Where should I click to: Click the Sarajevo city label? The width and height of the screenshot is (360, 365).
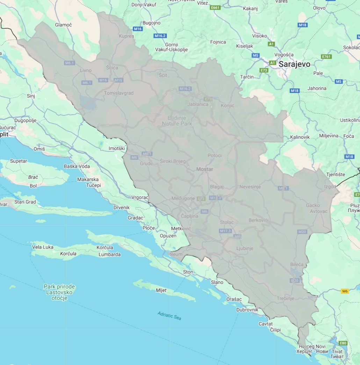pyautogui.click(x=294, y=64)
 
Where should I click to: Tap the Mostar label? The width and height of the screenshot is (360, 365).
pyautogui.click(x=205, y=169)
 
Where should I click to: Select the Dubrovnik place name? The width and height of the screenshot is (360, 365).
pyautogui.click(x=247, y=310)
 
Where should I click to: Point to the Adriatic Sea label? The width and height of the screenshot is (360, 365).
pyautogui.click(x=169, y=316)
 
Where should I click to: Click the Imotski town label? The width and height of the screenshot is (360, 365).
pyautogui.click(x=116, y=149)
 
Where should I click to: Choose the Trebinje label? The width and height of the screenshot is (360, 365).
pyautogui.click(x=286, y=299)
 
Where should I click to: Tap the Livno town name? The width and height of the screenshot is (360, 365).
pyautogui.click(x=86, y=70)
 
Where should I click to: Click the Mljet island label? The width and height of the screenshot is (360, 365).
pyautogui.click(x=161, y=290)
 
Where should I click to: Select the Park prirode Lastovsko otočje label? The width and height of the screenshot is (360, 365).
pyautogui.click(x=59, y=292)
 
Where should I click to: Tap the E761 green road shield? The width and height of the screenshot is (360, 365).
pyautogui.click(x=326, y=57)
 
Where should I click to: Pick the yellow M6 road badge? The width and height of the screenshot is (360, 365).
pyautogui.click(x=345, y=291)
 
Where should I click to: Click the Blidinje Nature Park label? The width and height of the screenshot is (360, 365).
pyautogui.click(x=177, y=121)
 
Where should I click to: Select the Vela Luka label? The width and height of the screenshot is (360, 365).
pyautogui.click(x=43, y=247)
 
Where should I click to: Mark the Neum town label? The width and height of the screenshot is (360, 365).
pyautogui.click(x=176, y=254)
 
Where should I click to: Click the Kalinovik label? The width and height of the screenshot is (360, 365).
pyautogui.click(x=300, y=137)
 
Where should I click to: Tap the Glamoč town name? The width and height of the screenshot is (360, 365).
pyautogui.click(x=63, y=25)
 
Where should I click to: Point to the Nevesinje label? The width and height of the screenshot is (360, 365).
pyautogui.click(x=250, y=187)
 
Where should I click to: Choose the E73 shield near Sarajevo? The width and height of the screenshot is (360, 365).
pyautogui.click(x=264, y=70)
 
